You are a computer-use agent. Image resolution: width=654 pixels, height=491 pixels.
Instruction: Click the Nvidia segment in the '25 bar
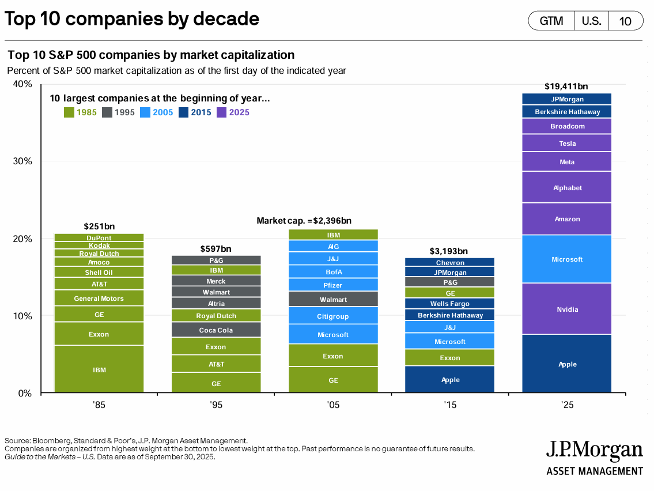click(568, 309)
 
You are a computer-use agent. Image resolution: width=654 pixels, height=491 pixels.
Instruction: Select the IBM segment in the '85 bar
click(99, 370)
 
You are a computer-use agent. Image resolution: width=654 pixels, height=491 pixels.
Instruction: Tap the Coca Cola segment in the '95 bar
click(216, 330)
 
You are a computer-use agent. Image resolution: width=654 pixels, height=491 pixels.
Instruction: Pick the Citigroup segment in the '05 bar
click(333, 316)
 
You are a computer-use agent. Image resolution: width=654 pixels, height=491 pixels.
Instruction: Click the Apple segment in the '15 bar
click(450, 380)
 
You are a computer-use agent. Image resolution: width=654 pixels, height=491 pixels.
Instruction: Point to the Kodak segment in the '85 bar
click(99, 246)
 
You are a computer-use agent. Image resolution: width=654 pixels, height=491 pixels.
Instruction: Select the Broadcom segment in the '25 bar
click(568, 126)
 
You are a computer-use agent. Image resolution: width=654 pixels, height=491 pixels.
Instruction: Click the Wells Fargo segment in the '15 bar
click(450, 304)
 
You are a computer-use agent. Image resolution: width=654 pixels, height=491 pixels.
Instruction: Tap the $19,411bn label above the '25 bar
click(566, 86)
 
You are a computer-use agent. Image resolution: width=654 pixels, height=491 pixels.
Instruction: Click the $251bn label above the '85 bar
click(99, 226)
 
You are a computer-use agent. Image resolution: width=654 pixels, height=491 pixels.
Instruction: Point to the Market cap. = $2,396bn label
click(304, 221)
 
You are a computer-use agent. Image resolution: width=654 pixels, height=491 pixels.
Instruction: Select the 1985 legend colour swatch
click(69, 112)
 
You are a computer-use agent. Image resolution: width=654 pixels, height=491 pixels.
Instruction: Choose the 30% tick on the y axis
click(22, 161)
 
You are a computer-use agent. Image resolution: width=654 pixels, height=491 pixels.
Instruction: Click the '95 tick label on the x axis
click(216, 406)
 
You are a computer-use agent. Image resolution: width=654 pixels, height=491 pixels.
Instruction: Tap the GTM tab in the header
click(551, 21)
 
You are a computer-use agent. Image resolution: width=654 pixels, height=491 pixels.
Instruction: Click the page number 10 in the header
click(625, 21)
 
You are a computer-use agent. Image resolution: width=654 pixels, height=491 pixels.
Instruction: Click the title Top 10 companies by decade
click(132, 19)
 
